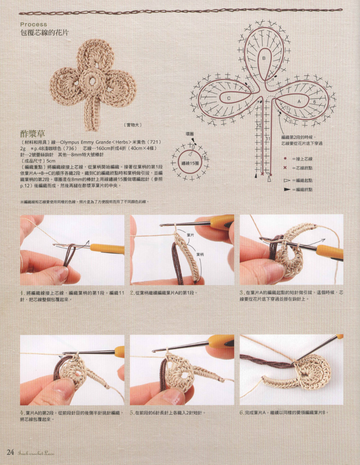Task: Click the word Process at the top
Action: tap(34, 25)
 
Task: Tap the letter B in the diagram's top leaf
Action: tap(264, 58)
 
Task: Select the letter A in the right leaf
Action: tap(299, 101)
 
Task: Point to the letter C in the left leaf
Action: tap(229, 98)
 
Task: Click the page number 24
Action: tap(10, 452)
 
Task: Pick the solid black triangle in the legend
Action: tap(287, 190)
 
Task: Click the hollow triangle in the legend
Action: tap(287, 180)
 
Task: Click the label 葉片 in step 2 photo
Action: tap(190, 235)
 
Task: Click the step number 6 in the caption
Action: tap(241, 412)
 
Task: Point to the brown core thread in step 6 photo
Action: tap(265, 361)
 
